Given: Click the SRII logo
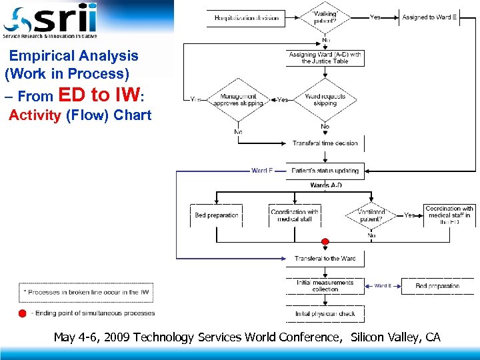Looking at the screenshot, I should click(x=50, y=20).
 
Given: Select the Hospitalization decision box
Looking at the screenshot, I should click(x=247, y=18).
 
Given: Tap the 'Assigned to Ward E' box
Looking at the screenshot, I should click(x=429, y=17).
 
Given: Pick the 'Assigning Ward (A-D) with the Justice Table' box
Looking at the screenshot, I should click(x=325, y=58).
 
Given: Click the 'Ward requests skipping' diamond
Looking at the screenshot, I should click(x=325, y=100).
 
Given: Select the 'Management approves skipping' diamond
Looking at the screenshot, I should click(x=238, y=100).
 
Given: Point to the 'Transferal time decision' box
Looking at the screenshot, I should click(x=325, y=143).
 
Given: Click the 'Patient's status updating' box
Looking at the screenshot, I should click(x=325, y=171).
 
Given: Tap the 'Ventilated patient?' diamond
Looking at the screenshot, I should click(x=371, y=215).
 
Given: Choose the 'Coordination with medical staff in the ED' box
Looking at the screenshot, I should click(x=449, y=215).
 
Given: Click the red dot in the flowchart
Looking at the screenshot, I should click(x=325, y=241).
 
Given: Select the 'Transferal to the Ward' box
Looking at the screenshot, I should click(x=325, y=259).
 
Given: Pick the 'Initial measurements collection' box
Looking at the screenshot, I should click(x=325, y=286).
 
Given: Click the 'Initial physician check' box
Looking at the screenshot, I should click(x=325, y=313).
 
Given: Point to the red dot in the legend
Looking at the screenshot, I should click(x=23, y=313).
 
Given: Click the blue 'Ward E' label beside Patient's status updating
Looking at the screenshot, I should click(x=262, y=171).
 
